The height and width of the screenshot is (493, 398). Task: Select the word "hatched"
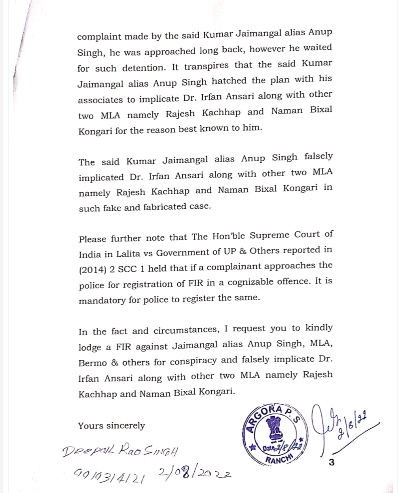(229, 81)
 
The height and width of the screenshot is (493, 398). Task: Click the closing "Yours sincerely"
(111, 426)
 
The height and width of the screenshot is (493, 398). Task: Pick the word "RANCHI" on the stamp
(277, 459)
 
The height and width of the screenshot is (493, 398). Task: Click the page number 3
(331, 462)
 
